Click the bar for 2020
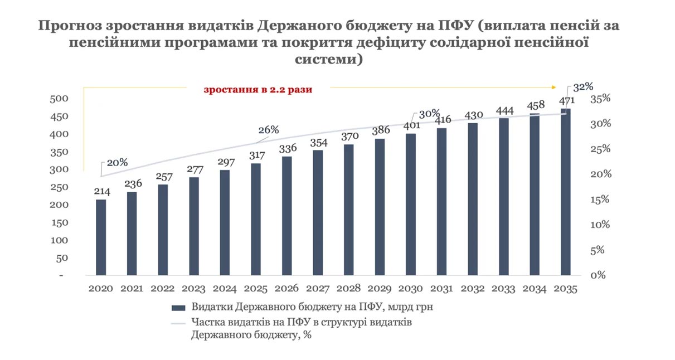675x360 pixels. click(x=101, y=237)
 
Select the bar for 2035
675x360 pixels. click(x=566, y=192)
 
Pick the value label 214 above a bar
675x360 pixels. click(x=101, y=192)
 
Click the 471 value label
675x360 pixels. click(x=566, y=101)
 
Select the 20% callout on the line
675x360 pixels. click(x=117, y=163)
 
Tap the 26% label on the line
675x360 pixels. click(x=268, y=130)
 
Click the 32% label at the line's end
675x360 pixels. click(x=582, y=87)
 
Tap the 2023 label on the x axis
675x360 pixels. click(x=194, y=289)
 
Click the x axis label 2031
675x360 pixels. click(x=442, y=289)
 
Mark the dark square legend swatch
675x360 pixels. click(x=178, y=308)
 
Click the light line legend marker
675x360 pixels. click(x=178, y=323)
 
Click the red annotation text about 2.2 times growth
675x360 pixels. click(x=258, y=90)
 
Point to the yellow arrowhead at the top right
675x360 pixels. click(x=553, y=87)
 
